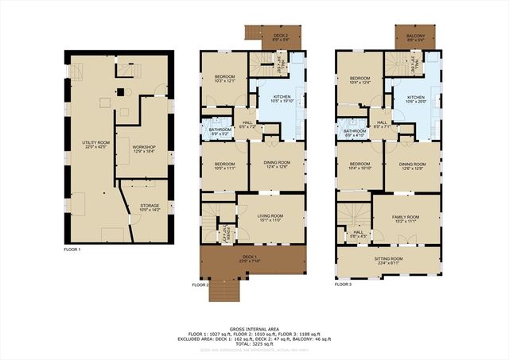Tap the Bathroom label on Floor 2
pyautogui.click(x=220, y=131)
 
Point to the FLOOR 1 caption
pyautogui.click(x=72, y=250)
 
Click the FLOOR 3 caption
pyautogui.click(x=343, y=284)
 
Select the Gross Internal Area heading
pyautogui.click(x=254, y=327)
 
